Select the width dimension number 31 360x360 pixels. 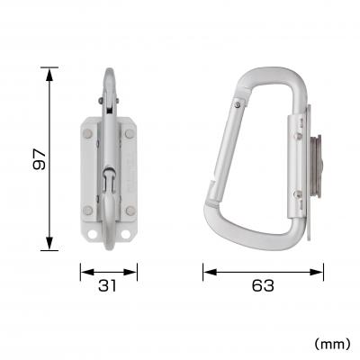109,286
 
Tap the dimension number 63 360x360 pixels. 263,286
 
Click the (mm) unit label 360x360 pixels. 333,343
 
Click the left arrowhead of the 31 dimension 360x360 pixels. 84,269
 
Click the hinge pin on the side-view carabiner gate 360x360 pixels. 237,107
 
